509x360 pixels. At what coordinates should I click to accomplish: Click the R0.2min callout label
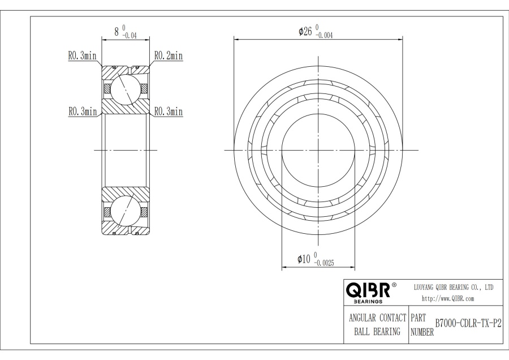[x=169, y=55]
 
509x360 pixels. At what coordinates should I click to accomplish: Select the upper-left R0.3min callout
[x=82, y=55]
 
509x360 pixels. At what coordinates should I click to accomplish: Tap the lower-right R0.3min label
[x=169, y=112]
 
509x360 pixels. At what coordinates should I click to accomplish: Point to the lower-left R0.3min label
[x=82, y=112]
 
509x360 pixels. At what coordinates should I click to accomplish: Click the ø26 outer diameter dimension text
[x=305, y=32]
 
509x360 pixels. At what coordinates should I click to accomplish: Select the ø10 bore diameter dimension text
[x=304, y=259]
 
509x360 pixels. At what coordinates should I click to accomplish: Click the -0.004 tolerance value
[x=324, y=36]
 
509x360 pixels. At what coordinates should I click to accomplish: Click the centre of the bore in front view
[x=318, y=150]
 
